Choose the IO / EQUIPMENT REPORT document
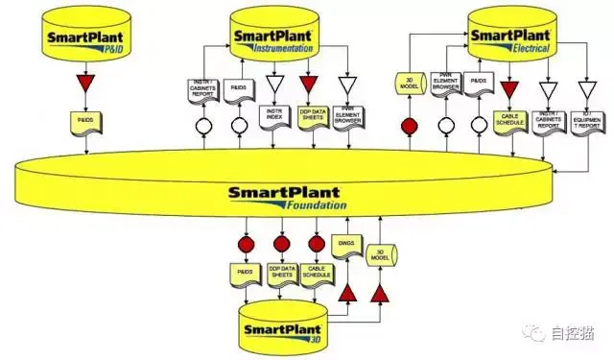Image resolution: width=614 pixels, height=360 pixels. coord(587,118)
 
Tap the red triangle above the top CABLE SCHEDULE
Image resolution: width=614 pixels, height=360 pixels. coord(509,89)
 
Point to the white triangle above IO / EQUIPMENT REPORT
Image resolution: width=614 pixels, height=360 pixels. coord(587,89)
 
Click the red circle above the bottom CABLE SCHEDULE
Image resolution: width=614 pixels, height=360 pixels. coord(317,244)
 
